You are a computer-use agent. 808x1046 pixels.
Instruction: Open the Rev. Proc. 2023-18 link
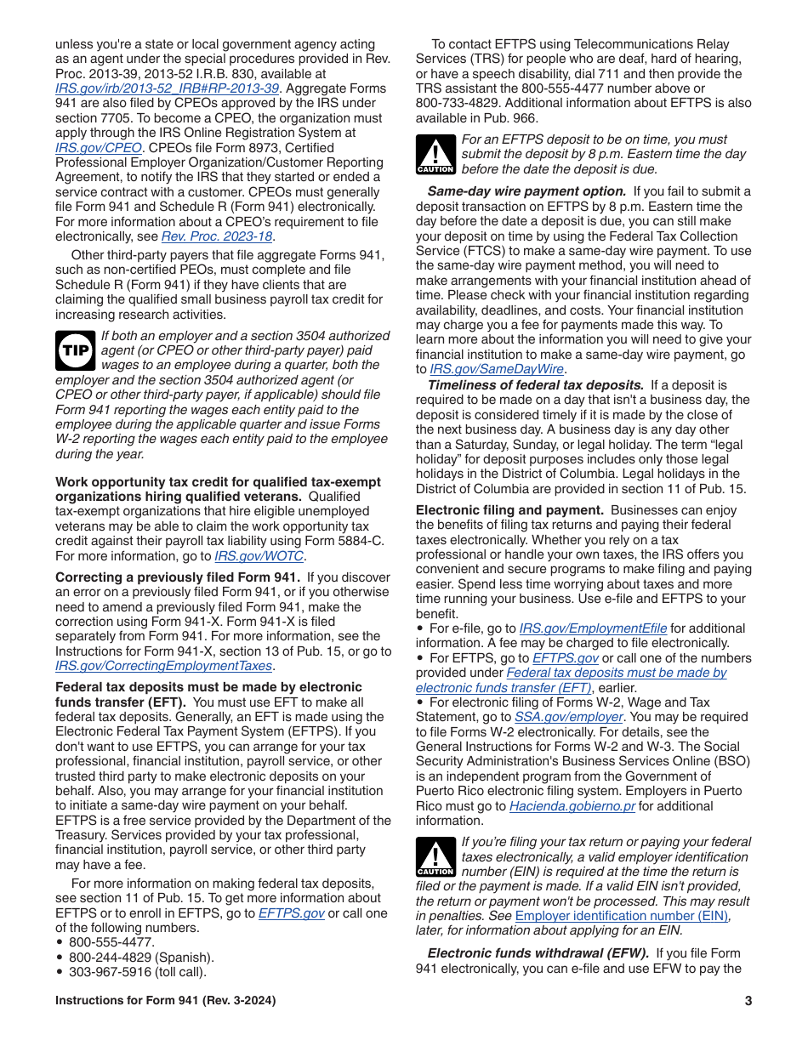click(218, 236)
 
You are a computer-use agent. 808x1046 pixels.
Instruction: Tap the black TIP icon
click(75, 350)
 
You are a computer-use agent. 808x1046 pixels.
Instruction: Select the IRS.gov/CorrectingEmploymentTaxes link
click(163, 666)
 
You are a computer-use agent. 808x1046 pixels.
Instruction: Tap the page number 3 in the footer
click(748, 1001)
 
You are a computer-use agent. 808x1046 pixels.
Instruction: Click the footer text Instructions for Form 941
click(165, 1001)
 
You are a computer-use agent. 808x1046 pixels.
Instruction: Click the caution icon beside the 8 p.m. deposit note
click(435, 154)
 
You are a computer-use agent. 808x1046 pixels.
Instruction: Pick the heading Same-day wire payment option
click(526, 192)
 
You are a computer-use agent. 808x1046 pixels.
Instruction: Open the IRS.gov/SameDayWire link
click(497, 369)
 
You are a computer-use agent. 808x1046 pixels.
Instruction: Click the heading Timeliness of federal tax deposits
click(535, 385)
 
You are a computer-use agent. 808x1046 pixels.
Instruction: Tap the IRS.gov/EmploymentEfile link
click(593, 628)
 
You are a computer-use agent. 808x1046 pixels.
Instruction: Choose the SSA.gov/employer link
click(568, 717)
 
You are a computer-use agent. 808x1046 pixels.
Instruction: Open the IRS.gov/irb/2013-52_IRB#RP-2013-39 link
click(167, 88)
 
